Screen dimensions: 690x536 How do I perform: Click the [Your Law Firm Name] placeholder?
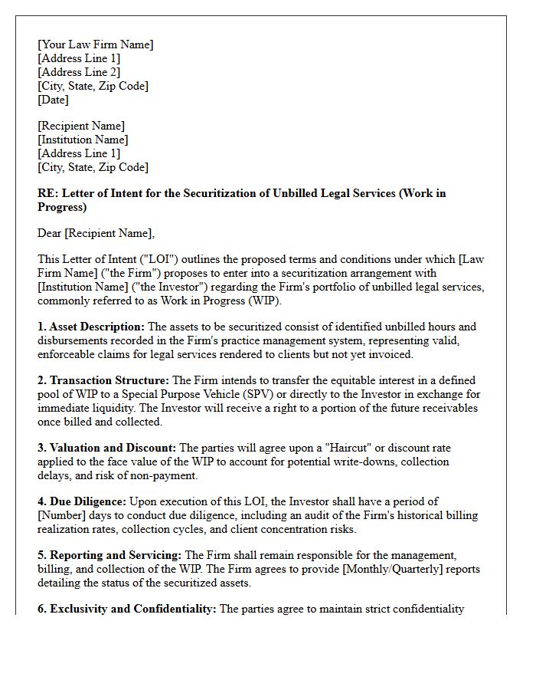[x=95, y=44]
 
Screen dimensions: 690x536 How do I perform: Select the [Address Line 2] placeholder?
[x=79, y=72]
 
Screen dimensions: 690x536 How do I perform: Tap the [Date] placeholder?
[x=53, y=100]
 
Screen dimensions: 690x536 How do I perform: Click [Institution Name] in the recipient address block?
[x=83, y=140]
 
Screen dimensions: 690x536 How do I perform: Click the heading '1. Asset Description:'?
[x=90, y=327]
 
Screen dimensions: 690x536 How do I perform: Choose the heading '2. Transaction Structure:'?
[x=103, y=380]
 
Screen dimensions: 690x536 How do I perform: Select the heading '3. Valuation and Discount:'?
[x=106, y=448]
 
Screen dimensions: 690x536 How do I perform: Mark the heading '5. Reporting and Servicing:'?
[x=110, y=555]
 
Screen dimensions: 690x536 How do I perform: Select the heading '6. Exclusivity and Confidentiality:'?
[x=127, y=609]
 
